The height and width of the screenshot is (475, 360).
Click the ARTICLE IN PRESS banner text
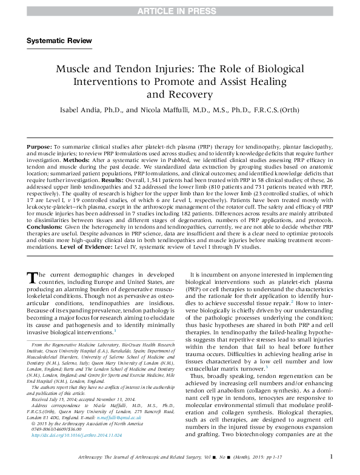pyautogui.click(x=177, y=11)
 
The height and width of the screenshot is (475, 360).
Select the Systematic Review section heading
pyautogui.click(x=59, y=41)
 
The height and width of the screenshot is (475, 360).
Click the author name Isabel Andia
pyautogui.click(x=81, y=110)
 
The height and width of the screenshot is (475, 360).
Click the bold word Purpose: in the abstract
pyautogui.click(x=39, y=147)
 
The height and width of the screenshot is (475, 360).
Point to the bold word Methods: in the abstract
pyautogui.click(x=76, y=160)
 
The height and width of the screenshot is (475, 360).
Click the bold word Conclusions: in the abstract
pyautogui.click(x=44, y=227)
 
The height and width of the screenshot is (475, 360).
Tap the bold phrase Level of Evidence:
pyautogui.click(x=86, y=247)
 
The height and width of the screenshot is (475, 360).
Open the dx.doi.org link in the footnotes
pyautogui.click(x=77, y=435)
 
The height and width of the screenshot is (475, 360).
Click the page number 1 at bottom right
pyautogui.click(x=332, y=456)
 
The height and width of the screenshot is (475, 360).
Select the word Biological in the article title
pyautogui.click(x=281, y=69)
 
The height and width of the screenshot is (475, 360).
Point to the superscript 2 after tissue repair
pyautogui.click(x=292, y=302)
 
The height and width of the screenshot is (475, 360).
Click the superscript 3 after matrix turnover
pyautogui.click(x=267, y=368)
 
